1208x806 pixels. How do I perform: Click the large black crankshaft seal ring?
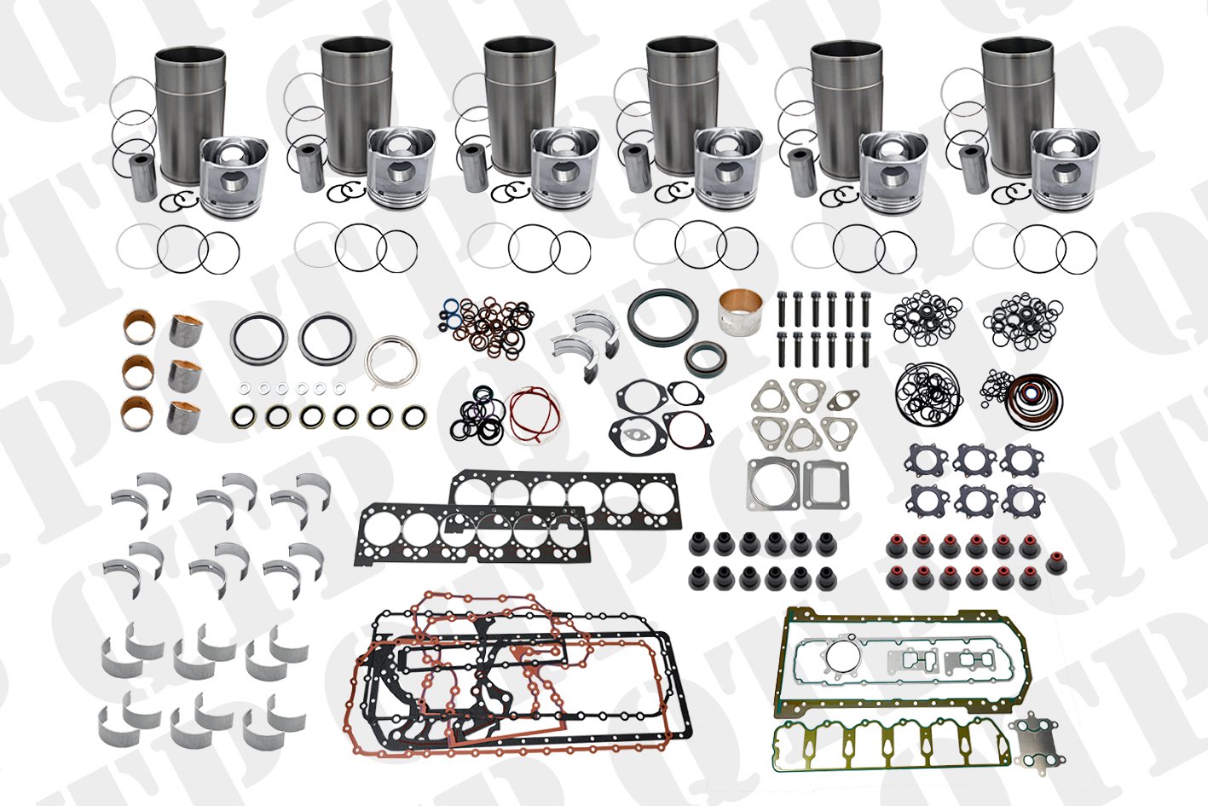(x=662, y=315)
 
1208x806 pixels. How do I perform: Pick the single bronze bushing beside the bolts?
(x=740, y=313)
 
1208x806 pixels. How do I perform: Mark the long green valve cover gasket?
(x=890, y=745)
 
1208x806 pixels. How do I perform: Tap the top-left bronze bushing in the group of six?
(x=139, y=327)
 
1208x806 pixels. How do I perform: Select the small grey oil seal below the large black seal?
(x=705, y=357)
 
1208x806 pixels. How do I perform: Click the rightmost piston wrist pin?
(x=974, y=168)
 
